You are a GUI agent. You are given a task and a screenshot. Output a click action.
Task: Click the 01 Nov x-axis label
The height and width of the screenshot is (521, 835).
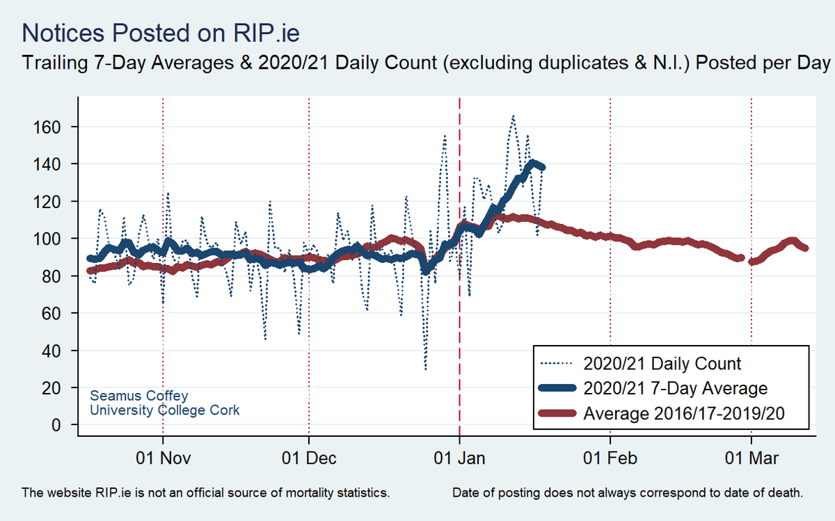coord(163,459)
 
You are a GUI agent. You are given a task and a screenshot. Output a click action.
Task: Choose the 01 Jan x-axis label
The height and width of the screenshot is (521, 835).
coord(459,459)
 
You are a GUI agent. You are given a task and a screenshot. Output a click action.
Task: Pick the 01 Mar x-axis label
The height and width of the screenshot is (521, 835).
coord(751,459)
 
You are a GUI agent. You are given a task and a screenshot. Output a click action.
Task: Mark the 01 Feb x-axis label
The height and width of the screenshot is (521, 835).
coord(610,459)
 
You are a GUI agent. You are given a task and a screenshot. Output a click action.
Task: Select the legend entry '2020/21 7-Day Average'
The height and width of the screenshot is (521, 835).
coord(676,388)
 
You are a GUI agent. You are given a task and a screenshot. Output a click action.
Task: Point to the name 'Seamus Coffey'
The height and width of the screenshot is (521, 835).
coord(139,396)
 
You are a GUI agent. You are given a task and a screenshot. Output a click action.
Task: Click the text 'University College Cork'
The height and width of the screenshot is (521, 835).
coord(165,410)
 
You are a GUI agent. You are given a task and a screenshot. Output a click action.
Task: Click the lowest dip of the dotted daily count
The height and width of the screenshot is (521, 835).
coord(425,369)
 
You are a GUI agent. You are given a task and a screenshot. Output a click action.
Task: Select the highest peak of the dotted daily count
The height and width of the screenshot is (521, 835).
coord(513,116)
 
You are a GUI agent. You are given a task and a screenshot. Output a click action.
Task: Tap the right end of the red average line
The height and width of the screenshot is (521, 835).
coord(805,248)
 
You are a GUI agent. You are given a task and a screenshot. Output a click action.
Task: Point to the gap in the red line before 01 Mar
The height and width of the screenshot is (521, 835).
coord(746,259)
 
